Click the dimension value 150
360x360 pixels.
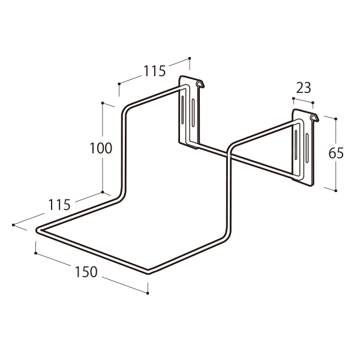pyautogui.click(x=86, y=272)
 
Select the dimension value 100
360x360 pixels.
pyautogui.click(x=101, y=148)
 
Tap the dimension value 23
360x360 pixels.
pyautogui.click(x=303, y=88)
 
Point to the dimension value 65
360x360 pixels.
pyautogui.click(x=336, y=153)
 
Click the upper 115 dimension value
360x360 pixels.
pyautogui.click(x=154, y=71)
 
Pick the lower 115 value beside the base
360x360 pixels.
pyautogui.click(x=59, y=205)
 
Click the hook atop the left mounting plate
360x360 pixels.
pyautogui.click(x=200, y=83)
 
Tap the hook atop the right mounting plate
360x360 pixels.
pyautogui.click(x=314, y=117)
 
